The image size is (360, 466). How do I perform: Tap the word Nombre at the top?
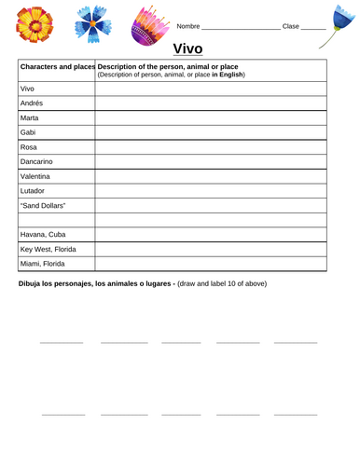tap(187, 25)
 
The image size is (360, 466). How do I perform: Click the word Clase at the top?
tap(290, 25)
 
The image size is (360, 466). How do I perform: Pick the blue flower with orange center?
tap(94, 27)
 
